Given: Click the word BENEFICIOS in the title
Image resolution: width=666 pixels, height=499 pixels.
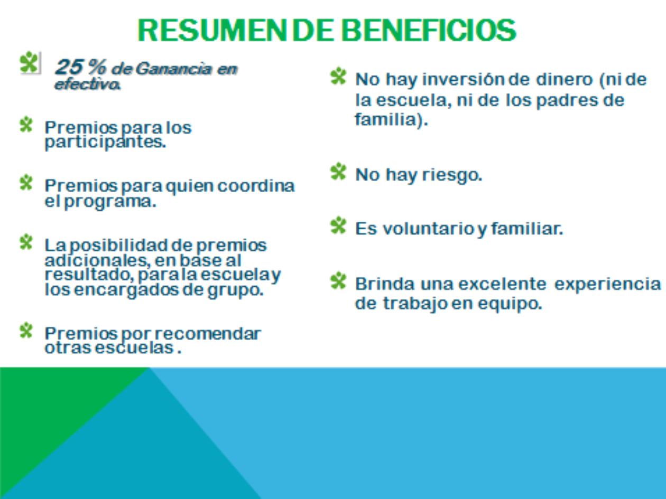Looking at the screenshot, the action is tap(429, 30).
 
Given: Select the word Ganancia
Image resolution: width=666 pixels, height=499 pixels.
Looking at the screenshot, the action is tap(173, 69).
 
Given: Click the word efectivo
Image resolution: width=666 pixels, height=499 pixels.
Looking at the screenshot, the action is tap(87, 84).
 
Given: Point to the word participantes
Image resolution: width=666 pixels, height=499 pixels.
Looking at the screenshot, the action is tap(105, 143).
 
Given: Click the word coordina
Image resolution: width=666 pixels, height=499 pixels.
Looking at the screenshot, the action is tap(256, 185).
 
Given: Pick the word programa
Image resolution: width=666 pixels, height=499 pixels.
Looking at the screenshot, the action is tap(110, 202).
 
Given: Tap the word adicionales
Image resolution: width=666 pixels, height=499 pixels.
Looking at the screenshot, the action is tap(98, 260).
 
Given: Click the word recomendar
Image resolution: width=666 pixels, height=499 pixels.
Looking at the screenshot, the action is tap(208, 334).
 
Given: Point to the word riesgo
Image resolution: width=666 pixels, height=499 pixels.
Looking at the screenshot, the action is tap(452, 175).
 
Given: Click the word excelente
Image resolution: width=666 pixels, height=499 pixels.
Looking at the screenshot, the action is tap(502, 284).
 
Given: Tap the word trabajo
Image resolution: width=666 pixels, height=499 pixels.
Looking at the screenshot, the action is tap(415, 304).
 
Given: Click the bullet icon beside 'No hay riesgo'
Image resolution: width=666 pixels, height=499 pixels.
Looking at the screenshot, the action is tap(338, 172).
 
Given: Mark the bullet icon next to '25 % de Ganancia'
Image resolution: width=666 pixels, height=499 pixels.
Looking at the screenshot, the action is tap(30, 62).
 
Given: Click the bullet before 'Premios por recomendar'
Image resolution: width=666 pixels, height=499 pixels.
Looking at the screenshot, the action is tap(26, 330).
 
